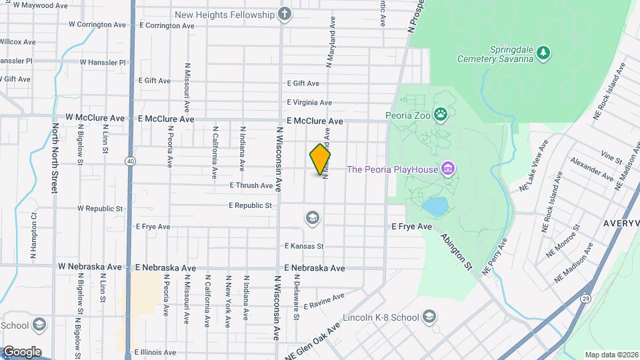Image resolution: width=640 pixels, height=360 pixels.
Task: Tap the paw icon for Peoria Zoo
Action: point(441,115)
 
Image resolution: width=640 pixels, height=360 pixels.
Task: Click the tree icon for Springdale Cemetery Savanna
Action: point(544,53)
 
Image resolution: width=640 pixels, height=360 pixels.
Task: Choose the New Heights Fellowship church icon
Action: point(285,15)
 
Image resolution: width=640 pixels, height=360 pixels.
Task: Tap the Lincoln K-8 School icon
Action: point(429,317)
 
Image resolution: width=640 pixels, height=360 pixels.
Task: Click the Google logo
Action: point(21,351)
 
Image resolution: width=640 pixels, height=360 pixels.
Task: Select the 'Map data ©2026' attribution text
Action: point(611,355)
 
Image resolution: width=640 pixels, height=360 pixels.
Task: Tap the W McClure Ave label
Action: point(95,118)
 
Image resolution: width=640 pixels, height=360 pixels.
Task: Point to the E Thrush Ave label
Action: point(251,185)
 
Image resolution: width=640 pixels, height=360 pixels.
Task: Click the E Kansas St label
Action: point(303,246)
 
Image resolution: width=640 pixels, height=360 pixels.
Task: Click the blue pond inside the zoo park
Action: point(435,207)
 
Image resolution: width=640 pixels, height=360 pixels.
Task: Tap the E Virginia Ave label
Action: point(309,103)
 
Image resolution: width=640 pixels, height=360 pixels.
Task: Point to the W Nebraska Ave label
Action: point(89,267)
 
